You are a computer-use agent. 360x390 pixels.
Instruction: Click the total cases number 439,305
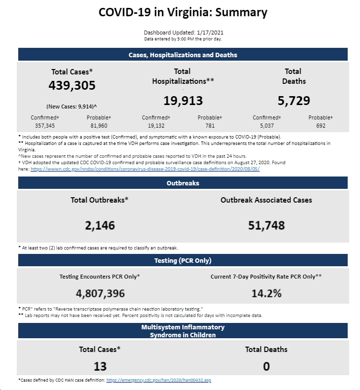click(x=72, y=85)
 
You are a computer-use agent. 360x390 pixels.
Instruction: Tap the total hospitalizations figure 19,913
click(x=183, y=101)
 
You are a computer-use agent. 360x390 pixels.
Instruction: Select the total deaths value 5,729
click(x=294, y=101)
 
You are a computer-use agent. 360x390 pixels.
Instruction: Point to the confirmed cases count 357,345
click(x=45, y=126)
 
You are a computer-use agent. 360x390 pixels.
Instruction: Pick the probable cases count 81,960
click(x=99, y=126)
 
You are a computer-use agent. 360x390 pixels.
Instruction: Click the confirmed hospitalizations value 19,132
click(x=156, y=126)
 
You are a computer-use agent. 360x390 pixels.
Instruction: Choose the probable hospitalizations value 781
click(x=210, y=126)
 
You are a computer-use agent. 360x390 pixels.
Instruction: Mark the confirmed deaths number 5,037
click(x=267, y=126)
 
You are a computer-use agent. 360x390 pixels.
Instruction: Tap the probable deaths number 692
click(x=321, y=126)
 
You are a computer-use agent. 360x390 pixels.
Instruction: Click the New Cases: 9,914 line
click(x=71, y=106)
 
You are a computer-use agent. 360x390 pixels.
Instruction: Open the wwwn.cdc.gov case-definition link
click(x=145, y=169)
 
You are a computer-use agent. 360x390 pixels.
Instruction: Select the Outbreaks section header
click(x=183, y=183)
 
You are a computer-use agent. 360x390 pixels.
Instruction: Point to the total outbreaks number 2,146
click(x=100, y=226)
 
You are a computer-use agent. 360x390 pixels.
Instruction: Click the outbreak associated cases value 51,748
click(x=266, y=226)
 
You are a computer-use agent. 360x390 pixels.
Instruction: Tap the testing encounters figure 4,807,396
click(x=100, y=293)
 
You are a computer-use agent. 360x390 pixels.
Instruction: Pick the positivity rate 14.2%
click(x=266, y=293)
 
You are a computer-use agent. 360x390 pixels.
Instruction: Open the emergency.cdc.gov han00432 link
click(x=159, y=380)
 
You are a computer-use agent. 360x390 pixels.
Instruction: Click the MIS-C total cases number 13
click(x=100, y=366)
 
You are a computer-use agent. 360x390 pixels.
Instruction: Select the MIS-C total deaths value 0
click(x=266, y=366)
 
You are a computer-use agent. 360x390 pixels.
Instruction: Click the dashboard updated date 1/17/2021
click(x=210, y=33)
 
